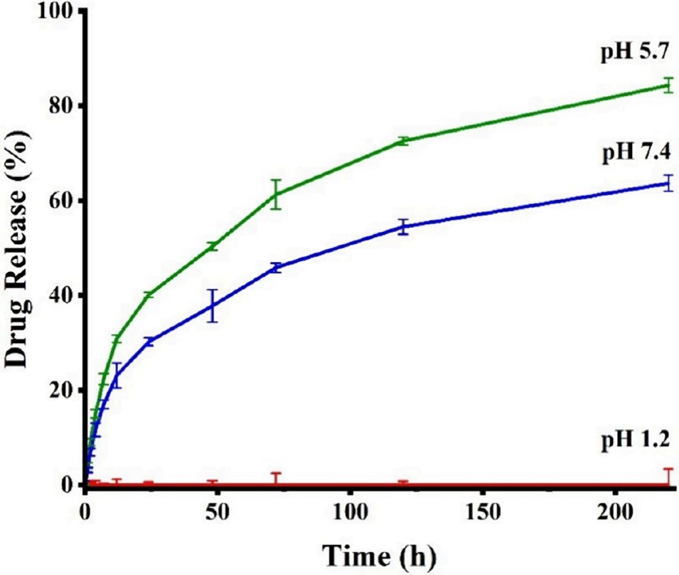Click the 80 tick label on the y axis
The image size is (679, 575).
(61, 106)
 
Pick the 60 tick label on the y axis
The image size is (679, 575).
(61, 201)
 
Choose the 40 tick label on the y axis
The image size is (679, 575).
(61, 295)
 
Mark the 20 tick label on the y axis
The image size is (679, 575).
(61, 390)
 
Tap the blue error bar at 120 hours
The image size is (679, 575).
(403, 227)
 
